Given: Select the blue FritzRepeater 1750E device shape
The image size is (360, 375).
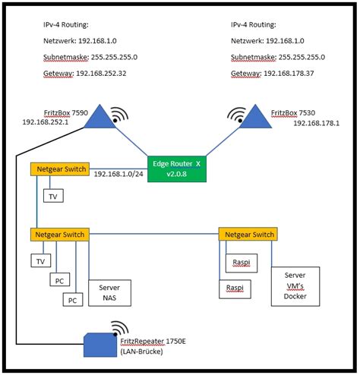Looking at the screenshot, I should click(x=101, y=346).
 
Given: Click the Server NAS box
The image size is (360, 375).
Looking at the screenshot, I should click(x=109, y=293).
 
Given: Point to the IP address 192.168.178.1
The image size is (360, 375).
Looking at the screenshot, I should click(x=316, y=122).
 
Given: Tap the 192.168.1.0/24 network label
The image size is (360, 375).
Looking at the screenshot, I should click(x=118, y=174).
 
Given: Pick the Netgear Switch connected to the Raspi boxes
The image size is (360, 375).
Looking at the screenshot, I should click(x=246, y=235).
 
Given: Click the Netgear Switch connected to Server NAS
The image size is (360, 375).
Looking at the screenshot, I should click(x=59, y=235).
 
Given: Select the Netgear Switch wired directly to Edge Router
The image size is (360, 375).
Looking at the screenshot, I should click(x=59, y=169).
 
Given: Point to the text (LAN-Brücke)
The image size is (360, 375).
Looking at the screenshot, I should click(x=144, y=351).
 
